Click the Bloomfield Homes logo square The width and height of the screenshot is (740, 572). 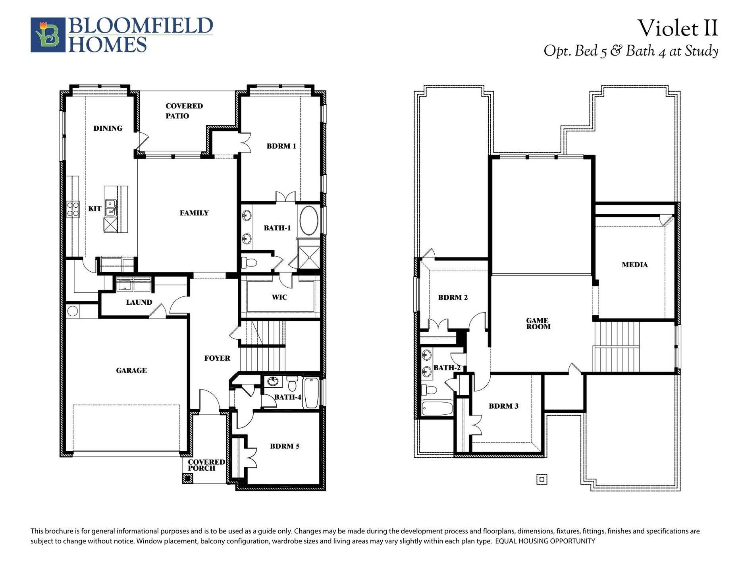coord(48,35)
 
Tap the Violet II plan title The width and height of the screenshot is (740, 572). coord(678,28)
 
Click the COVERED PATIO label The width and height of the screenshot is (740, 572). coord(184,111)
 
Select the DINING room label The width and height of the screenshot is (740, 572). coord(108,128)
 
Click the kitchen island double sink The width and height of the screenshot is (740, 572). coord(111,208)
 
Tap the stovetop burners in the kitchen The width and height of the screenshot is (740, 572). coord(73,209)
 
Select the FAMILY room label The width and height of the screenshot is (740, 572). coord(194,213)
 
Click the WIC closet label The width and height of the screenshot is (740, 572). coord(279,297)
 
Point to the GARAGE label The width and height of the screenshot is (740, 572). coord(131,371)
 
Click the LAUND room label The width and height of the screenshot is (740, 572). coord(139,302)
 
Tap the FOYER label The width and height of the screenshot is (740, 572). coord(217,358)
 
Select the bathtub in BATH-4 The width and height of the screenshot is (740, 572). coord(311,393)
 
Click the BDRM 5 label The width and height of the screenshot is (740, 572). coord(285,446)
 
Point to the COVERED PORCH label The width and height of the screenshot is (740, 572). coord(206,465)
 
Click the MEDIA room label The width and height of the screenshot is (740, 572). coord(634,265)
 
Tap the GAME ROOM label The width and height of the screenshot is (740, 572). coord(538,324)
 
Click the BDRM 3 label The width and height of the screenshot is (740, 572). coord(503,406)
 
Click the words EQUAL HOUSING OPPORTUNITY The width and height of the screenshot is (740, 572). coord(545,541)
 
